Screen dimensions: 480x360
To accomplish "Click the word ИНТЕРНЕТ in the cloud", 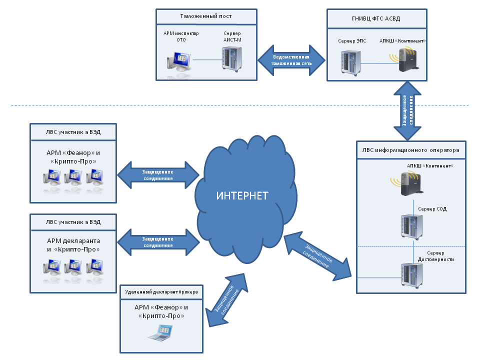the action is point(242,195).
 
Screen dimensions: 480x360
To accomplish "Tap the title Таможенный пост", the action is point(205,16).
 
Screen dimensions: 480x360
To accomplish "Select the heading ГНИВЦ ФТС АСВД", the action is point(376,18).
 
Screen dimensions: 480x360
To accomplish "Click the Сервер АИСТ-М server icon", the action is point(231,59).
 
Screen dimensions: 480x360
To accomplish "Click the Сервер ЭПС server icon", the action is point(351,63).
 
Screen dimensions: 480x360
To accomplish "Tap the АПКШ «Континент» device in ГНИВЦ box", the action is point(404,59).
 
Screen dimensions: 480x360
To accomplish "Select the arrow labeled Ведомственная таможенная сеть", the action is point(291,60).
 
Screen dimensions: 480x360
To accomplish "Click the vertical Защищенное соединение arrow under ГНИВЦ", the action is point(407,111).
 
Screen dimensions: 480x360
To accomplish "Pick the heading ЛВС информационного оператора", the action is point(411,150).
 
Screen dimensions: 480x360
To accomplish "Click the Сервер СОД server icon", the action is point(411,227).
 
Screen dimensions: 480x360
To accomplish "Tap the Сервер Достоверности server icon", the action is point(411,275).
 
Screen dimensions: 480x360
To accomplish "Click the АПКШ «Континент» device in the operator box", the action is point(407,183).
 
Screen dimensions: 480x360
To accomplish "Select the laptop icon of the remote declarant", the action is point(160,333).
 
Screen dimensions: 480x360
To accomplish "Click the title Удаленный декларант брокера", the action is point(161,292).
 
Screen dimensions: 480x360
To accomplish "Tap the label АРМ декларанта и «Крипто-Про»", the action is point(73,245).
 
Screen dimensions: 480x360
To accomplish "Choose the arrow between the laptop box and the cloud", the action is point(227,300).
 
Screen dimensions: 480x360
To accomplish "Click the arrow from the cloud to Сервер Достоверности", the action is point(318,256).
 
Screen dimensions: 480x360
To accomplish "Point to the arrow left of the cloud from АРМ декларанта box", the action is point(158,242).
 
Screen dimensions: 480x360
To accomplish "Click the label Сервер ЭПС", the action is point(352,41).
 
